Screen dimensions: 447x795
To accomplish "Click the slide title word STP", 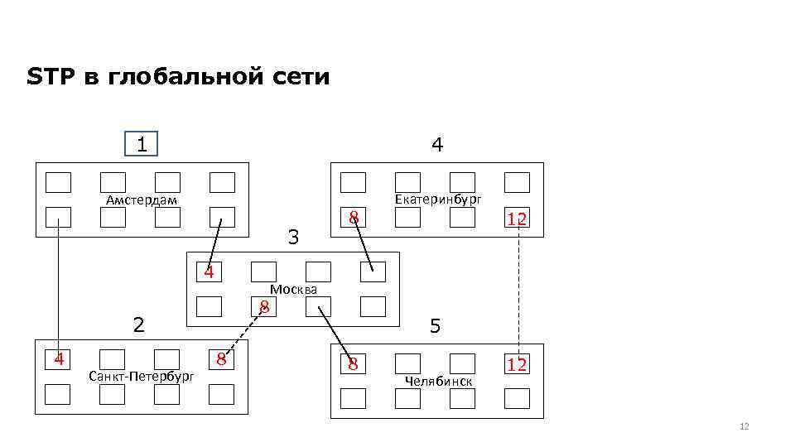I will (x=46, y=78).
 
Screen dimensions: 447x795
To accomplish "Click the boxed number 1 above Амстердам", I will (x=142, y=145).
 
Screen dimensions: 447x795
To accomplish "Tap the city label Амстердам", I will (x=142, y=200).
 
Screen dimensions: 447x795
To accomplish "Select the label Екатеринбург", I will (x=438, y=199).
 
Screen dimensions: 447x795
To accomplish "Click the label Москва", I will (x=294, y=289).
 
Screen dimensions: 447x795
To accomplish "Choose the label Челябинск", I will (x=439, y=381).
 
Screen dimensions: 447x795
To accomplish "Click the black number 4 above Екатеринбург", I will (x=437, y=145).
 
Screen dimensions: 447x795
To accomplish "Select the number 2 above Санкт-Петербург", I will (x=140, y=324).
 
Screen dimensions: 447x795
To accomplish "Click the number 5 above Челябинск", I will (x=436, y=327).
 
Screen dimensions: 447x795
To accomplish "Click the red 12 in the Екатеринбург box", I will (x=518, y=219).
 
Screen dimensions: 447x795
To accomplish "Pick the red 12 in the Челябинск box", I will (x=518, y=364).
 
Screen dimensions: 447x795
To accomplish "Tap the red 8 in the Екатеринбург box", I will (x=354, y=218).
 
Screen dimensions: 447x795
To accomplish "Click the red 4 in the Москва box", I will (x=210, y=272).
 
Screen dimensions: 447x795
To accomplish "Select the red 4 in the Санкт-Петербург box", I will (x=58, y=359).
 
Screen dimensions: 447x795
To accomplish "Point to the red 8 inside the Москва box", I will (x=263, y=307).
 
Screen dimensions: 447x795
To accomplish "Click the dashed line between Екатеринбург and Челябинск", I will (x=518, y=290).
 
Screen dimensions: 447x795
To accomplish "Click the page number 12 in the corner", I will (x=743, y=426).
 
